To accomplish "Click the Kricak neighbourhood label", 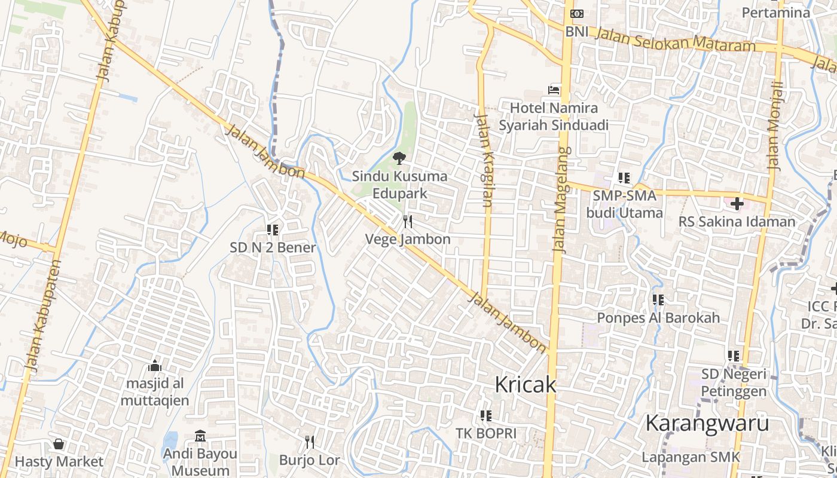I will tap(525, 385).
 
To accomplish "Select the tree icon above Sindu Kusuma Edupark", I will tap(399, 158).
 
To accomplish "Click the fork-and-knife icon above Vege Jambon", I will tap(408, 222).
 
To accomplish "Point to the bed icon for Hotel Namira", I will tap(554, 90).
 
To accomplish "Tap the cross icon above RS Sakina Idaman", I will tap(737, 204).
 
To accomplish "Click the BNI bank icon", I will tap(577, 14).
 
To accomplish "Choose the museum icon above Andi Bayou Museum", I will tap(200, 436).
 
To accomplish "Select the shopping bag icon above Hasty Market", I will tap(59, 444).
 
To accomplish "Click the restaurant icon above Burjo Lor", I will tap(309, 442).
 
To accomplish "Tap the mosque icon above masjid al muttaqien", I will tap(155, 365).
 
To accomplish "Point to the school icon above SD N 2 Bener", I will tap(273, 229).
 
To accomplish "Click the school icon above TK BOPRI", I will tap(485, 415).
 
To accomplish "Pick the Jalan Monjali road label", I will tap(774, 127).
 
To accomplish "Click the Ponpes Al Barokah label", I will tap(658, 318).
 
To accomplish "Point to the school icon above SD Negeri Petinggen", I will tap(734, 356).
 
